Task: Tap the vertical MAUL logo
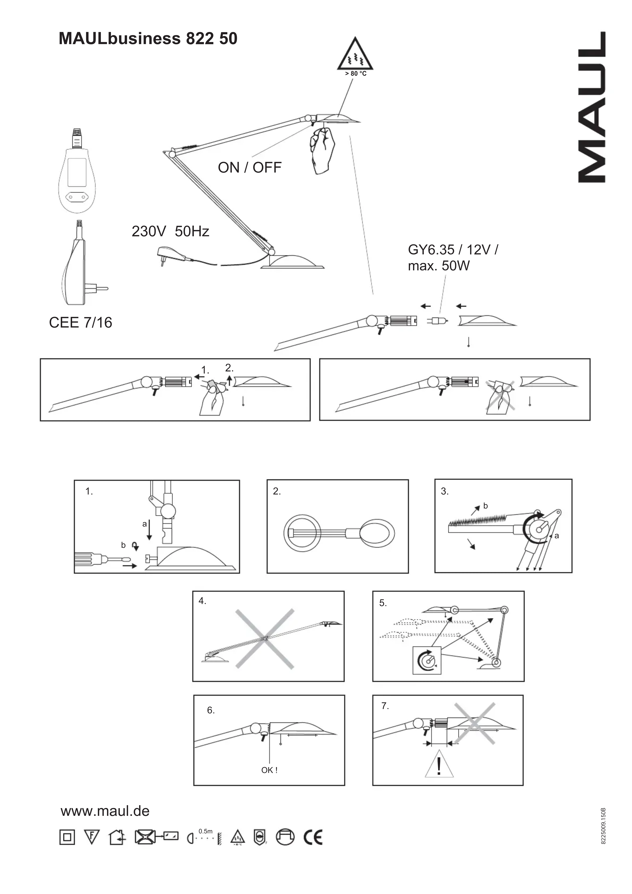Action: [591, 107]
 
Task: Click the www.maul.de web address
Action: [105, 811]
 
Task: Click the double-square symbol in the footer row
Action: [67, 837]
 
